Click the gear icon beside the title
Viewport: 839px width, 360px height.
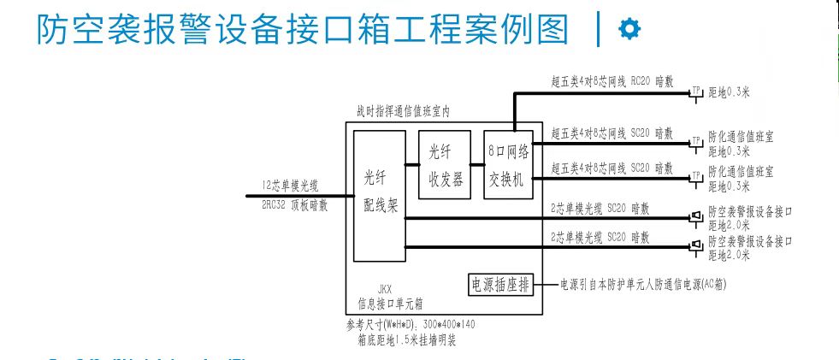pos(629,30)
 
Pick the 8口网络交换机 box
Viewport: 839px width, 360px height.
pos(509,165)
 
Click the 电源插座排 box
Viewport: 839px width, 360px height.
pos(500,284)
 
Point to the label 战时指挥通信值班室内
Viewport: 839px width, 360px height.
pos(403,112)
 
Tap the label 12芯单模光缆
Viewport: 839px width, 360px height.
pos(290,184)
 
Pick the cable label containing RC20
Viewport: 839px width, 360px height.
pos(612,82)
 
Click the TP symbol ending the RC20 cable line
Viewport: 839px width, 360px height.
pos(695,91)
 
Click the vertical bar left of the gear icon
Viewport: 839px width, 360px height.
pos(598,30)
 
